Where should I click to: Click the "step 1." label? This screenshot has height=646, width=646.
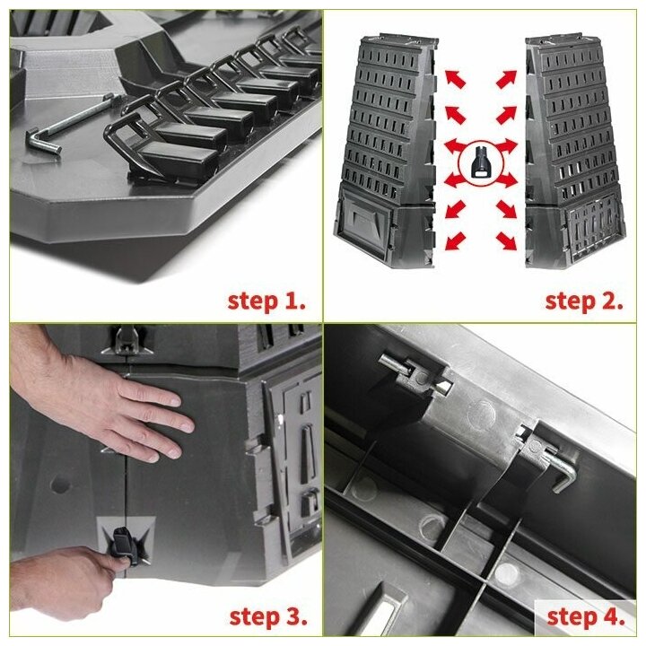(266, 301)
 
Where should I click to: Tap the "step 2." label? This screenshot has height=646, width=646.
(584, 301)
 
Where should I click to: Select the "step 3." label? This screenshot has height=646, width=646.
(268, 616)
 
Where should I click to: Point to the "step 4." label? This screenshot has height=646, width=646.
(586, 616)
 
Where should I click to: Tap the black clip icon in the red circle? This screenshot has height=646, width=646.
(481, 161)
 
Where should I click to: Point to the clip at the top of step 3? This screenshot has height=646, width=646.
(127, 341)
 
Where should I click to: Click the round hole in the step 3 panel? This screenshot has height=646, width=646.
(61, 484)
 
